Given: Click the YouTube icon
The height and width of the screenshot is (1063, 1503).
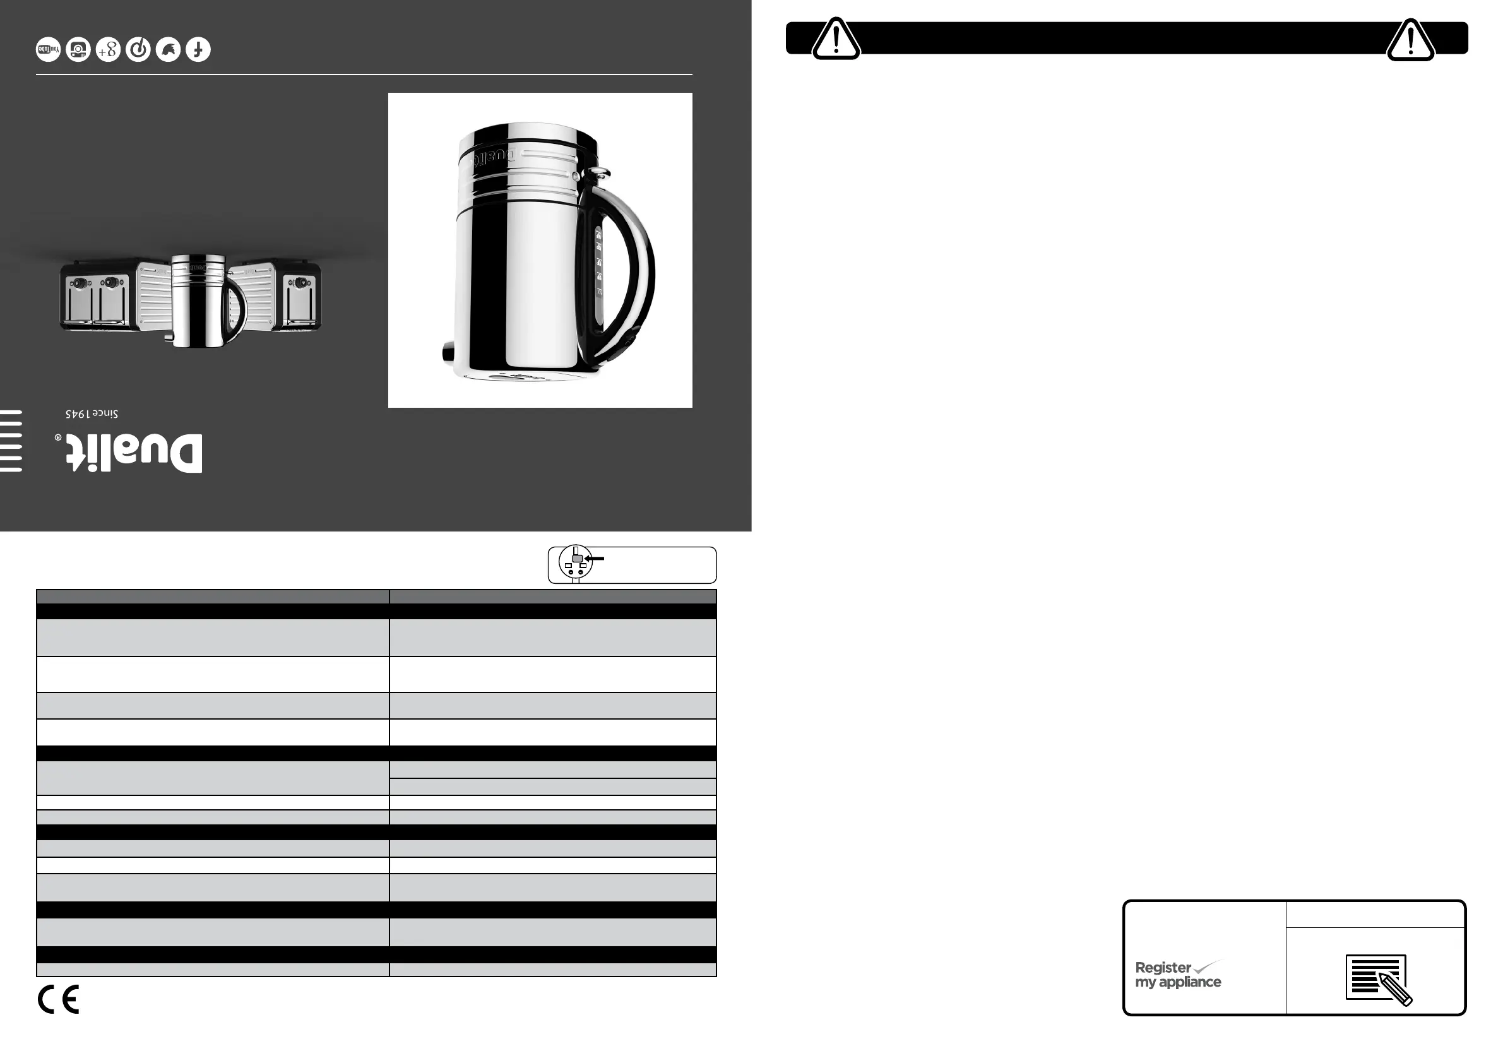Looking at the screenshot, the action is click(49, 50).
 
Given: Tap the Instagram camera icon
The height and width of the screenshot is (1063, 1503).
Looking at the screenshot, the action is click(78, 50).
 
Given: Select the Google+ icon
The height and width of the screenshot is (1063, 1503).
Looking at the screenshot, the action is click(108, 50).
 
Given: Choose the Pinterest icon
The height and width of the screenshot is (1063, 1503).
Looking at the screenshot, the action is click(138, 50).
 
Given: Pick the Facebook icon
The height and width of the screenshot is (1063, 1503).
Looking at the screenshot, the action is click(198, 50).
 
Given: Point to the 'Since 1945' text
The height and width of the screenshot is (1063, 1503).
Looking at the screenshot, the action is click(92, 414).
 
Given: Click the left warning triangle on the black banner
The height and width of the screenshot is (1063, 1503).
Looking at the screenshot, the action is click(836, 39).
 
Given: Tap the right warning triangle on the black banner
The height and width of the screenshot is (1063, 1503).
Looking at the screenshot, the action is click(1411, 40).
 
